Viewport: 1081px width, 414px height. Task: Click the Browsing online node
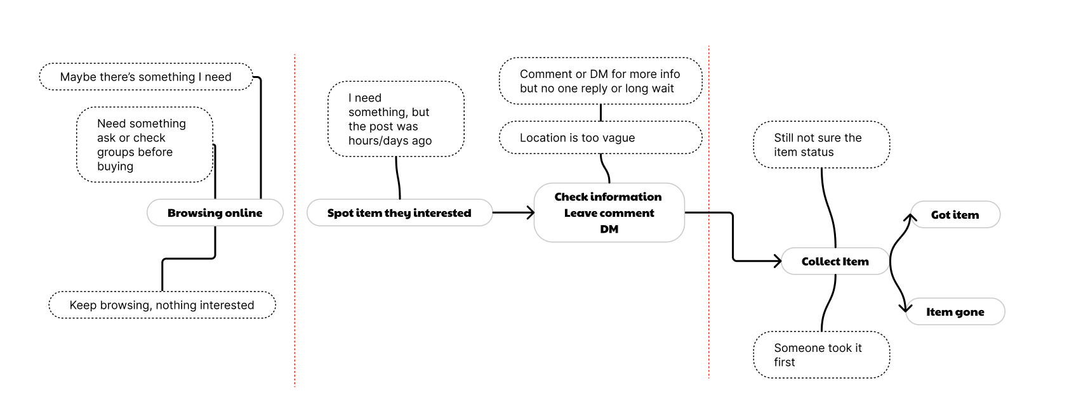point(215,213)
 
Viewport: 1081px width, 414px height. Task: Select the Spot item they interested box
point(399,213)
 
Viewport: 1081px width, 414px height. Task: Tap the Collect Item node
point(835,261)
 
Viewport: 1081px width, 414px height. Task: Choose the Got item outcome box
point(955,215)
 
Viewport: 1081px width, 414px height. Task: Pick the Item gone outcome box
point(955,312)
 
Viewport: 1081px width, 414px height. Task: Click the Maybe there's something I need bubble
point(146,77)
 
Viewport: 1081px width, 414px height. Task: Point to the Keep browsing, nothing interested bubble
point(162,305)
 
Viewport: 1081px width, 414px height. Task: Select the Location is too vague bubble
point(600,138)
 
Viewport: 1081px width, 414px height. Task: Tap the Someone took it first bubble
point(821,355)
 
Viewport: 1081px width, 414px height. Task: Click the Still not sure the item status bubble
point(821,145)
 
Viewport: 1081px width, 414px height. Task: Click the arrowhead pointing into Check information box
point(530,213)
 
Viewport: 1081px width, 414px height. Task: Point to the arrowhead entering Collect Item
point(777,261)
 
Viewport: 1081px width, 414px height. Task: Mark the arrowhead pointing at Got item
point(910,218)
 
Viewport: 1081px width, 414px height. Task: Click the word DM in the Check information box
point(609,230)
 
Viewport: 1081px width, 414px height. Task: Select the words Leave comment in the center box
point(609,213)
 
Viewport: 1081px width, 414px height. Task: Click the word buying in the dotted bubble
point(115,167)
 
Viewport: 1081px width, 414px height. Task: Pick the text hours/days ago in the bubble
point(390,141)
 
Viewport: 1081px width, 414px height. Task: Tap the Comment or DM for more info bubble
point(600,81)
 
